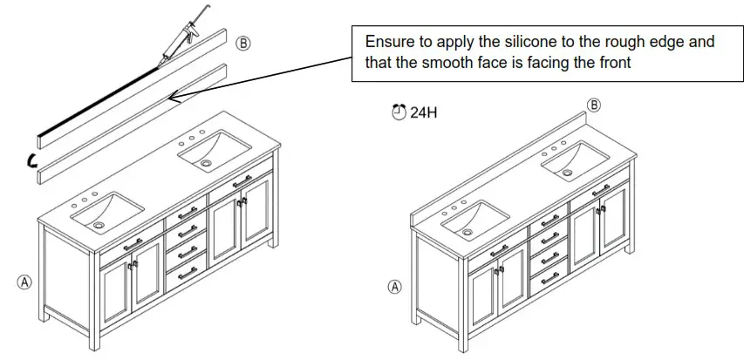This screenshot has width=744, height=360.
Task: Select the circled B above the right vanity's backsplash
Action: pos(594,105)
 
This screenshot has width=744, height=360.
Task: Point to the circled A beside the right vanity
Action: pos(395,286)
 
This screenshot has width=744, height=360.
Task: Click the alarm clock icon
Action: pos(399,112)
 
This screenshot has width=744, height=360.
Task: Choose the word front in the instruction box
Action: pos(612,62)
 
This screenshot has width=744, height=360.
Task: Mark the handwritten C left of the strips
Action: pos(32,160)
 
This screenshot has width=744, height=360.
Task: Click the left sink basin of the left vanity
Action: pos(110,212)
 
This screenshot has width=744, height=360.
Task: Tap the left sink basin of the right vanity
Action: pos(474,219)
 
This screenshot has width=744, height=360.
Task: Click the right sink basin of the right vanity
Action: pos(577,160)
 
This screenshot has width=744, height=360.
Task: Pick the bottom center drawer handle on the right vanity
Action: pos(549,280)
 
